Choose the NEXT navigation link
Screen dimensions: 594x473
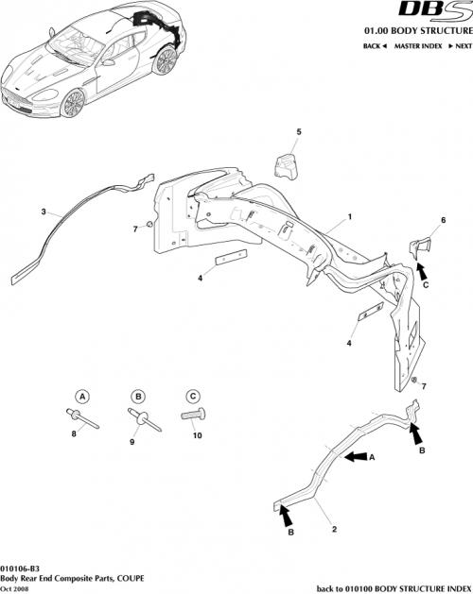[459, 45]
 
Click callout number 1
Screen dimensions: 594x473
[349, 216]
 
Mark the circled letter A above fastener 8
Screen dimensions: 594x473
[82, 396]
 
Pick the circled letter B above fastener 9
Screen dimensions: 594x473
[137, 396]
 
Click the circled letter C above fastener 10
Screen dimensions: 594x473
[192, 396]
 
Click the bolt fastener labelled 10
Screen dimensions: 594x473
[192, 416]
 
